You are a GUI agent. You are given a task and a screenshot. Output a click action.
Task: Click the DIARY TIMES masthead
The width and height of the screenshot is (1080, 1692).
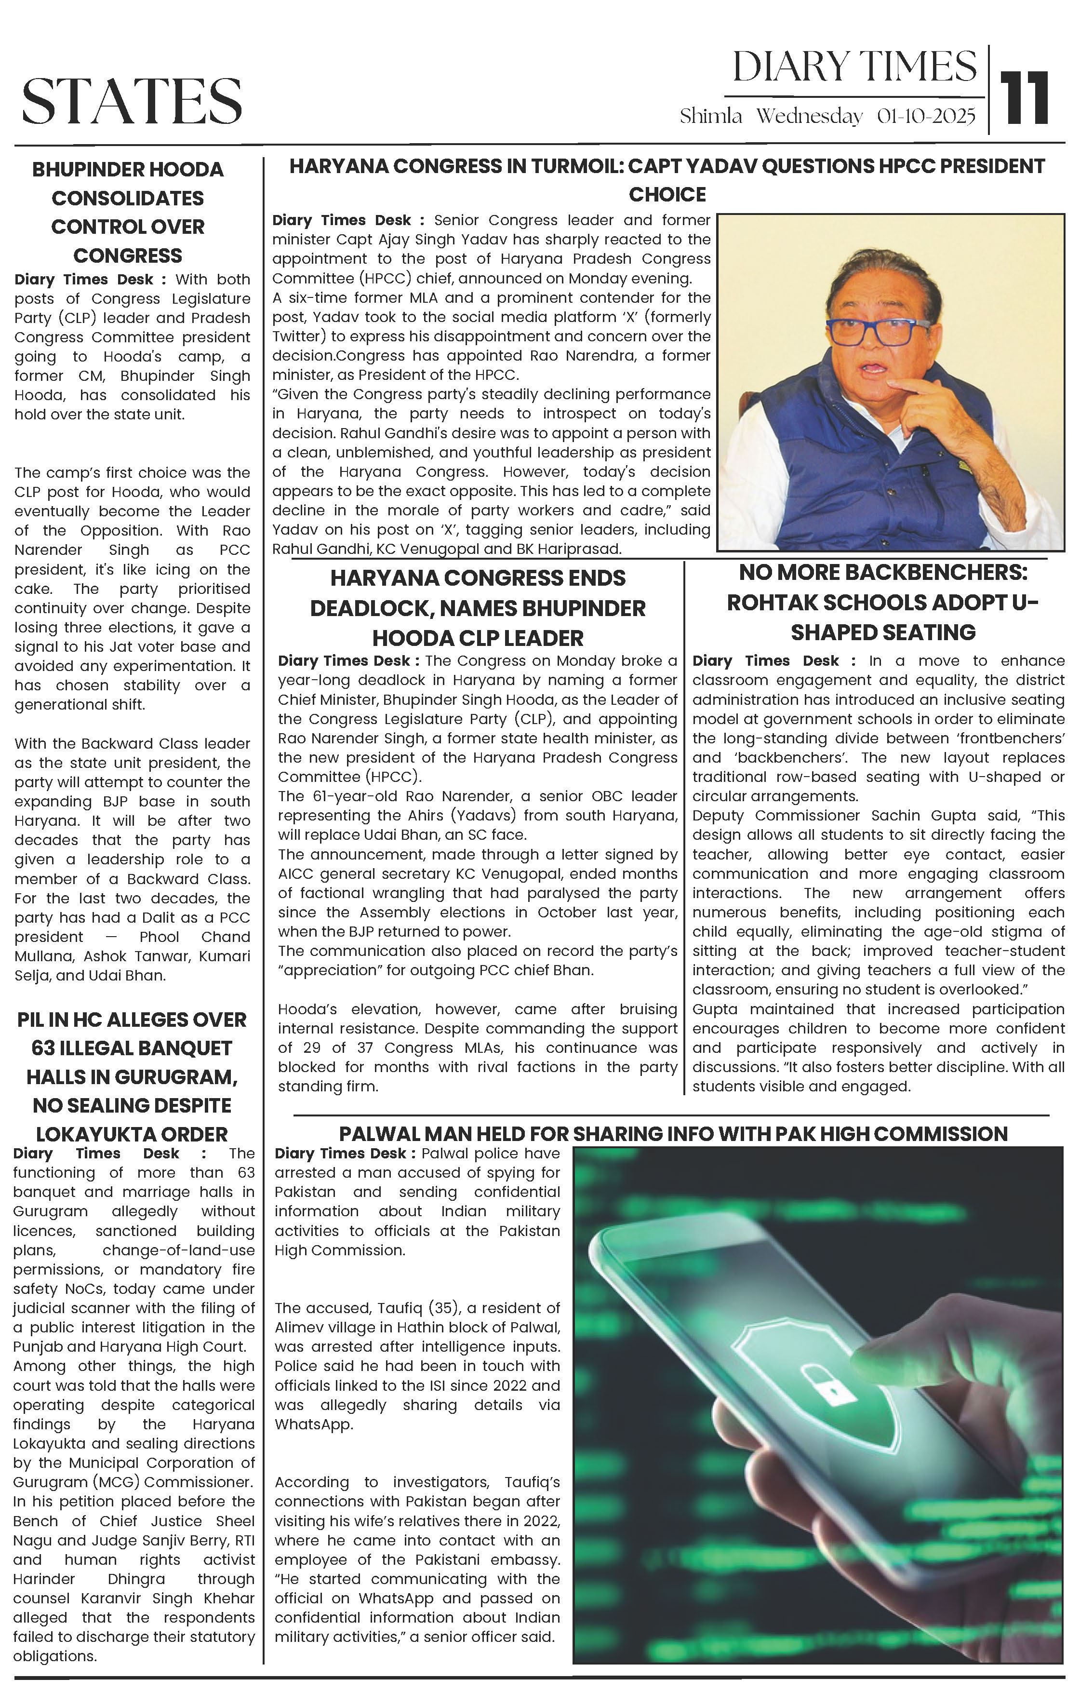[854, 67]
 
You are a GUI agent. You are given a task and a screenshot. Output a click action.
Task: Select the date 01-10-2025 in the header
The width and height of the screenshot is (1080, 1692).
[926, 117]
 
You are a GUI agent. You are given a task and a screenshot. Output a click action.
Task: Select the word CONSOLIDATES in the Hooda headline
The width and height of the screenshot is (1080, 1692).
[128, 199]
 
